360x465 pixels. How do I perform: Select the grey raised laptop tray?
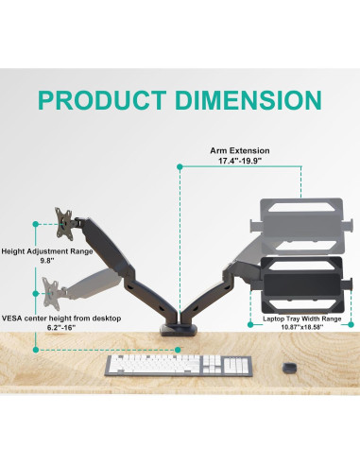pos(300,223)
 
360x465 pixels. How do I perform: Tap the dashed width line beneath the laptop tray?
pos(300,309)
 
